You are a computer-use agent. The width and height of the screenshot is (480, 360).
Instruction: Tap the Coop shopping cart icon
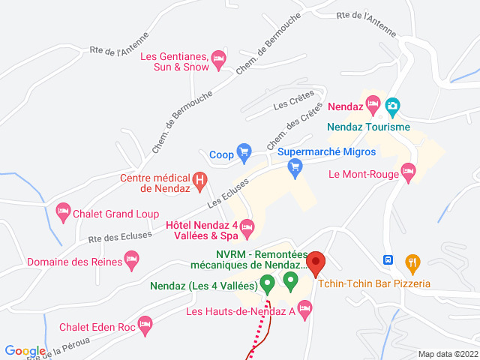pos(244,154)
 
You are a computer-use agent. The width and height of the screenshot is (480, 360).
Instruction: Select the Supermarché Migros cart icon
pos(295,170)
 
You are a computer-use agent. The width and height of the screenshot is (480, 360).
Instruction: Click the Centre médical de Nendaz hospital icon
pos(200,180)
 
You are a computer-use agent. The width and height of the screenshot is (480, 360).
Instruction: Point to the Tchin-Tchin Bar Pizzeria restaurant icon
pos(412,262)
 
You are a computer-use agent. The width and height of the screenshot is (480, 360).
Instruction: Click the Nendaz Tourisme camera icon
pos(392,106)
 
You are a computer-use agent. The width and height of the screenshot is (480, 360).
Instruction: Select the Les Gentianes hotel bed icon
pos(218,58)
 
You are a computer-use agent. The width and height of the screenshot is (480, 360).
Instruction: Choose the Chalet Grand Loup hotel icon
pos(63,212)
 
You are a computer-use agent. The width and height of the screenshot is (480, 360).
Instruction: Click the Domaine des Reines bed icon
pos(132,262)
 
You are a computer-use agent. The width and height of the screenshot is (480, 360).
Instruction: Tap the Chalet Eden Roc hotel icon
pos(145,325)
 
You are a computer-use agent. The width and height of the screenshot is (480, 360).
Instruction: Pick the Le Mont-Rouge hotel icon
pos(408,172)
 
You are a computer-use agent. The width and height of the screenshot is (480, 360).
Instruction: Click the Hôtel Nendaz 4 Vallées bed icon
pos(247,226)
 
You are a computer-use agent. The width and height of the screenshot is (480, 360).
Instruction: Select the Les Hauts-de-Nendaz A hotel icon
pos(304,308)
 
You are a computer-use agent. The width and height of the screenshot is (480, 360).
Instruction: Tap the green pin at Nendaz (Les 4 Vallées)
pos(267,283)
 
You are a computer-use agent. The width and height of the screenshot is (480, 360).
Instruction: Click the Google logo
pos(25,350)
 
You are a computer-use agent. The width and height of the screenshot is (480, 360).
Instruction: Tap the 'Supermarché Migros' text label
pos(326,151)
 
